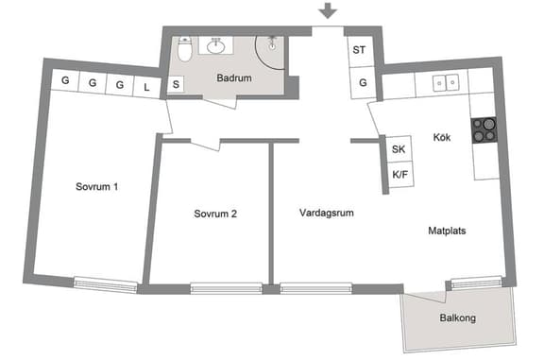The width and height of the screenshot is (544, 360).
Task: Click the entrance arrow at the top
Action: pyautogui.click(x=328, y=11)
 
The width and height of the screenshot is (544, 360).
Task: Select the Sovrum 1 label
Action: pyautogui.click(x=97, y=186)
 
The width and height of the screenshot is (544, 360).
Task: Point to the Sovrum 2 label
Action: pyautogui.click(x=215, y=214)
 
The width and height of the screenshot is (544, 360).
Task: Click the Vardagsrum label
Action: pyautogui.click(x=327, y=213)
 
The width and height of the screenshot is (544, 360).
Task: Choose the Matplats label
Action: pyautogui.click(x=448, y=230)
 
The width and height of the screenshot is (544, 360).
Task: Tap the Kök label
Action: pyautogui.click(x=441, y=137)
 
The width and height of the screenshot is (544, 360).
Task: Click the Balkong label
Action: pyautogui.click(x=457, y=318)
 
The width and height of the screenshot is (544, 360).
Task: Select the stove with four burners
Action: pyautogui.click(x=484, y=129)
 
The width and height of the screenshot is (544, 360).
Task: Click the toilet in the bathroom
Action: pyautogui.click(x=185, y=49)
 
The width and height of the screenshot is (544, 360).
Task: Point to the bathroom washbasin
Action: pyautogui.click(x=219, y=43)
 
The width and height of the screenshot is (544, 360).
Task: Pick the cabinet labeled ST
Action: pyautogui.click(x=359, y=51)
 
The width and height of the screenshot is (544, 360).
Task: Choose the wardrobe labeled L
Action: pyautogui.click(x=147, y=84)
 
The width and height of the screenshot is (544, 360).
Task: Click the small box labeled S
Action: pyautogui.click(x=177, y=84)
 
